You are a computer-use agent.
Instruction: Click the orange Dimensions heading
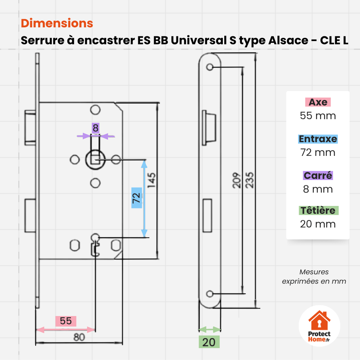tap(57, 23)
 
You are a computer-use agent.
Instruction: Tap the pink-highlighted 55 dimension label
tap(66, 321)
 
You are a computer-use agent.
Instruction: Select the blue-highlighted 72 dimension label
tap(136, 198)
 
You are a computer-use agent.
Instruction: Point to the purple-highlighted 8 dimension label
tap(95, 128)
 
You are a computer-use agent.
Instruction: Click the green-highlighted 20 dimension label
tap(209, 342)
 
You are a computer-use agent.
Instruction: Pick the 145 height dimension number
tap(151, 180)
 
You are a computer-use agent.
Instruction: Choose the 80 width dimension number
tap(79, 337)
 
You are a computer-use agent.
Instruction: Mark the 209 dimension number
tap(237, 180)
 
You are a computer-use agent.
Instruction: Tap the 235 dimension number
tap(249, 180)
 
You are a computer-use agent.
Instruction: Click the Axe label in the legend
tap(318, 102)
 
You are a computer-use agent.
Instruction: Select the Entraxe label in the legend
tap(318, 139)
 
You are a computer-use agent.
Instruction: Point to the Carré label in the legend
tap(318, 176)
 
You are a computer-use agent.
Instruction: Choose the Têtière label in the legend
tap(318, 210)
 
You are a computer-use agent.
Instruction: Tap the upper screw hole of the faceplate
tap(210, 67)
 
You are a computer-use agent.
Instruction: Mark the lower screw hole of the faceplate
tap(210, 294)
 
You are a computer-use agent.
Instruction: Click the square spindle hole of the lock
tap(95, 159)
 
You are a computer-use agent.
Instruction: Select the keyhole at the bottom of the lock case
tap(95, 245)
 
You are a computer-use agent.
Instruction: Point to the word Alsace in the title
tap(288, 40)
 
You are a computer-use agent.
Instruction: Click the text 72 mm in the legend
tap(318, 152)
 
